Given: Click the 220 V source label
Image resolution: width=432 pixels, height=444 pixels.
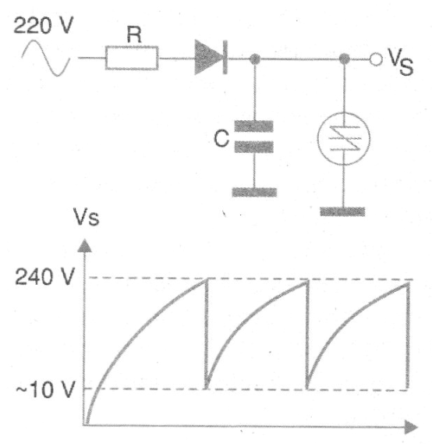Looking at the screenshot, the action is [44, 26].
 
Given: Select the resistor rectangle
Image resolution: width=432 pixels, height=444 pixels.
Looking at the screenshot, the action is [132, 58].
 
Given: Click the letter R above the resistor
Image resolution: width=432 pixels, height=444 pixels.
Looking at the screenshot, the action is [134, 34].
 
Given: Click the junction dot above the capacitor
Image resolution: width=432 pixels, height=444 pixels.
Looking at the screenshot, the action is [255, 59].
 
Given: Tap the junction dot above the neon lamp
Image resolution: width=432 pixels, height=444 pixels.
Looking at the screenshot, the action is [345, 59].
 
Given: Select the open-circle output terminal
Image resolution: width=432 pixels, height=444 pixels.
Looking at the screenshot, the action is [376, 59].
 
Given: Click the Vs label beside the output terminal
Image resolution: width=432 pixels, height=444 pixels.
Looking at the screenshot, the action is [401, 62].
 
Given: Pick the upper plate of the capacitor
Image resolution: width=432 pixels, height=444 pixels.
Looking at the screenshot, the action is [254, 126].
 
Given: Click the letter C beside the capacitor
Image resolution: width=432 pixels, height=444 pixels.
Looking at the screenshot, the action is [221, 138].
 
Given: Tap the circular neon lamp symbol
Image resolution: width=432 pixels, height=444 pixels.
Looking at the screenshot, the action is [343, 139].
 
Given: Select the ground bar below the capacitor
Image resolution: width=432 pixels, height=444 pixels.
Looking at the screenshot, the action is [254, 192].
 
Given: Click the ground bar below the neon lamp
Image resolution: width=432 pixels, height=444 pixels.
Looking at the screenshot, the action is [342, 211].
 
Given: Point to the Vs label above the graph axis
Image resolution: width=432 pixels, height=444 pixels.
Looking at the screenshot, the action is [87, 217].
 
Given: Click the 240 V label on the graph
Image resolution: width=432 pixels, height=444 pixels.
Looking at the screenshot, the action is [44, 277].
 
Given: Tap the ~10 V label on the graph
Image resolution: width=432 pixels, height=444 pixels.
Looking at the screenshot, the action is [45, 389].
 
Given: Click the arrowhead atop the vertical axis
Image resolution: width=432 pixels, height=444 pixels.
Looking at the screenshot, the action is [84, 246].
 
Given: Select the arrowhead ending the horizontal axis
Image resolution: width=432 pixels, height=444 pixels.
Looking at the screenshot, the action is [411, 427].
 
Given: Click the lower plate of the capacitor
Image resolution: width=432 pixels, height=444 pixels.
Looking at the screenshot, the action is [254, 147].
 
